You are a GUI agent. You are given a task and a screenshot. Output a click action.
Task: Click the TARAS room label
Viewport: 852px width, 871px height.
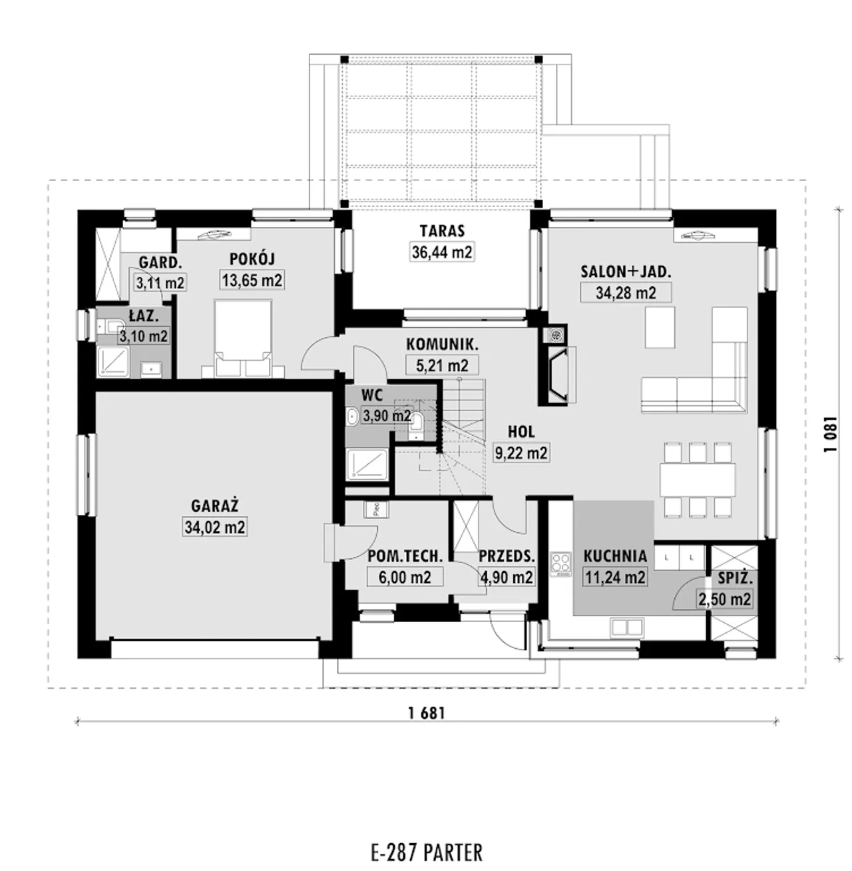(x=443, y=231)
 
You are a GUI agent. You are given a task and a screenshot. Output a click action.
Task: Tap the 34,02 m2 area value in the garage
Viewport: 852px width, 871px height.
(x=216, y=527)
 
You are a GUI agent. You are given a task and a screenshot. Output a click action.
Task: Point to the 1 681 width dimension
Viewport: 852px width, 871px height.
(x=427, y=713)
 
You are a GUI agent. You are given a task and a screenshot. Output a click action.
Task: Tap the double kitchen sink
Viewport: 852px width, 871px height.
(x=627, y=627)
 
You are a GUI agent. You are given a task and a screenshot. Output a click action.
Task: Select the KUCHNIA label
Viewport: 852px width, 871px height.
(x=615, y=556)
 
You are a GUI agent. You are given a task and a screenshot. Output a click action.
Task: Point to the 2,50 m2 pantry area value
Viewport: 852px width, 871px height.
(x=724, y=599)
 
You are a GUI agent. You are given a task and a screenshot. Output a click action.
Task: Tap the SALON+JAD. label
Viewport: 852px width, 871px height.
(x=626, y=271)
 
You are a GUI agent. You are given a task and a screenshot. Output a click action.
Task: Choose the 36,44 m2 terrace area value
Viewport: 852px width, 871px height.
(x=443, y=252)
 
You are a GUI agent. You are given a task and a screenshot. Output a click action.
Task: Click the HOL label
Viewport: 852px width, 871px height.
(x=521, y=432)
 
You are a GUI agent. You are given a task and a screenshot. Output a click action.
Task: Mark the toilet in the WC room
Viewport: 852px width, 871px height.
(x=417, y=425)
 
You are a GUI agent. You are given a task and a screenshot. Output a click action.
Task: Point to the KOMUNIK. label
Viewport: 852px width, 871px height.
(x=443, y=344)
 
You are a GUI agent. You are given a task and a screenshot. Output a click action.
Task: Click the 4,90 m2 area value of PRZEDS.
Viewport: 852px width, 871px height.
(x=507, y=577)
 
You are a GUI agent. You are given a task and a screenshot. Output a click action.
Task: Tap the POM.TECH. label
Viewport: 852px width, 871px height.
(x=405, y=556)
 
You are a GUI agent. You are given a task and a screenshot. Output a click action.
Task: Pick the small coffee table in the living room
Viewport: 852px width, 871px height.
(x=660, y=327)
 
